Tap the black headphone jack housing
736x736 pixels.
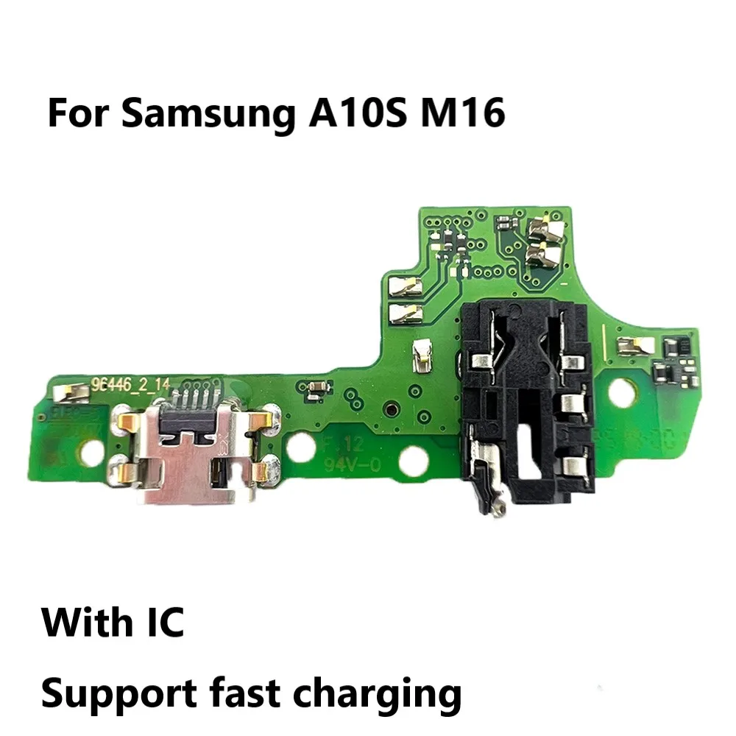pos(526,412)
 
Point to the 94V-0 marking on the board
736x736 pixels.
pos(343,464)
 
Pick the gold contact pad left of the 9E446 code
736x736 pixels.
pos(71,396)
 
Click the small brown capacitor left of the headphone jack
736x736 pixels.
pos(319,386)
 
